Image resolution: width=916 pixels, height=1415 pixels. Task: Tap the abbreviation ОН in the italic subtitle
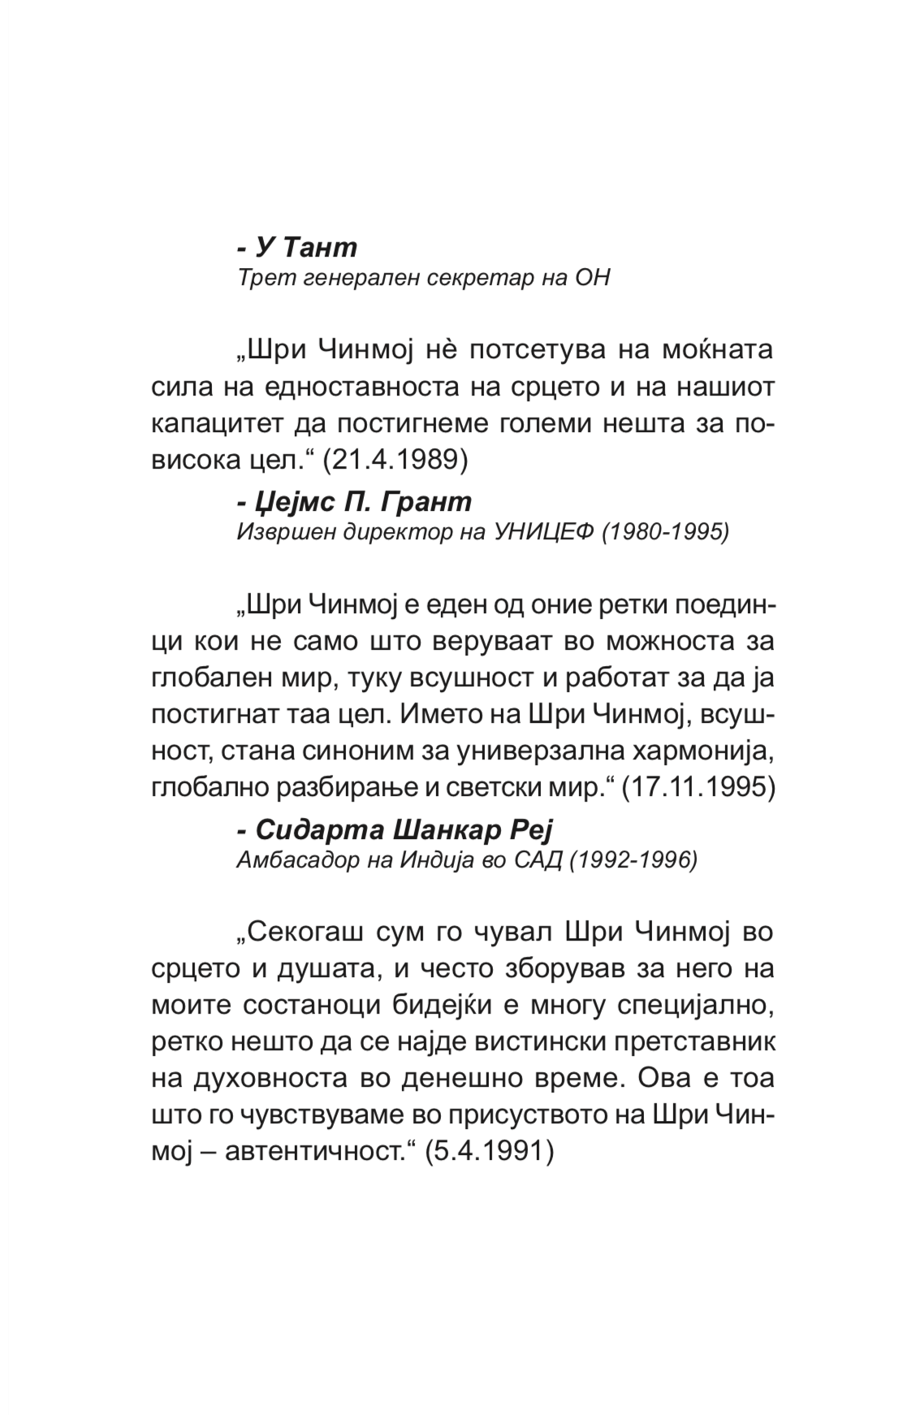[591, 278]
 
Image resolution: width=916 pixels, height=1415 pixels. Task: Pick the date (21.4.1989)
[395, 460]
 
